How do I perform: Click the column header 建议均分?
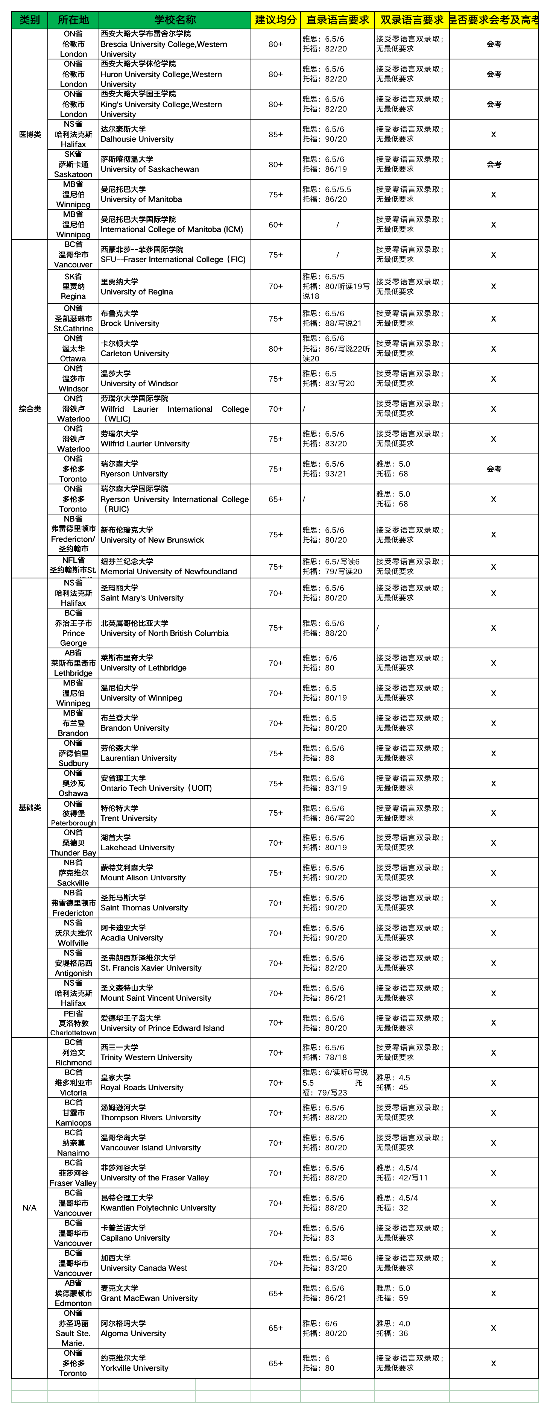click(275, 20)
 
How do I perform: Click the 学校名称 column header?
click(175, 20)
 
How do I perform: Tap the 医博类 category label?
click(30, 135)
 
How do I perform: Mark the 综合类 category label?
click(30, 409)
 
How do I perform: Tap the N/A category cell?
click(30, 1208)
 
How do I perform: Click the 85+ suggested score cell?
click(275, 135)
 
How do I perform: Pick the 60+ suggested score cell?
click(275, 225)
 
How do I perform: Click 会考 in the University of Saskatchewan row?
click(494, 164)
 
